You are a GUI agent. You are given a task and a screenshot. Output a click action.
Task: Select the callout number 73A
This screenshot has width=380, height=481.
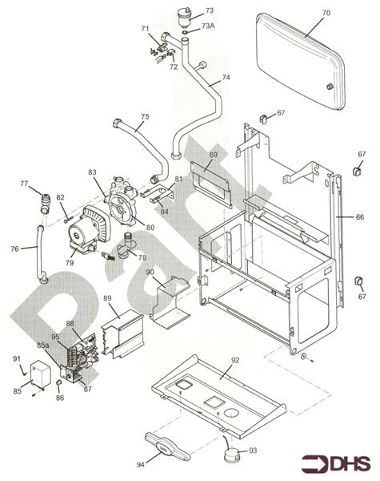208,26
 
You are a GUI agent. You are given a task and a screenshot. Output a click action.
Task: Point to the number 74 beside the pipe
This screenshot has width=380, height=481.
226,78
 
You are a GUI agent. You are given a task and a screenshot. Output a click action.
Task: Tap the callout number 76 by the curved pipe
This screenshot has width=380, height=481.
13,249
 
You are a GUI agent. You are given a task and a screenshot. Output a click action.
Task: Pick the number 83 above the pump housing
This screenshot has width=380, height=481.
92,172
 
